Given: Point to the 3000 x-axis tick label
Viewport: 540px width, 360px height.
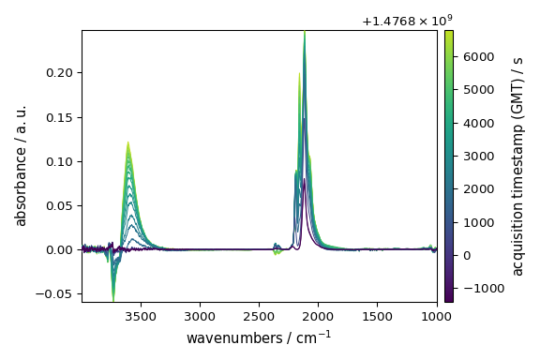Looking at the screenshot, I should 200,318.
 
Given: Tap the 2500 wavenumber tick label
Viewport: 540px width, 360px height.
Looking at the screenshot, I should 259,318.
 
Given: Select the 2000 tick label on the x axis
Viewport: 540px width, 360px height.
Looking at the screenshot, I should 318,318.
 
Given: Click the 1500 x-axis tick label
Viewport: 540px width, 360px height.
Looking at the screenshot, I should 377,318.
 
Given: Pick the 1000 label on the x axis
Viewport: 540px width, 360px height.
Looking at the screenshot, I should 435,318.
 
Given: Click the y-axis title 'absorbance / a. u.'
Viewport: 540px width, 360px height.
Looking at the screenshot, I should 21,166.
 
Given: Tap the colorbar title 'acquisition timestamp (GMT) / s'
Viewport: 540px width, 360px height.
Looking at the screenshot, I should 517,166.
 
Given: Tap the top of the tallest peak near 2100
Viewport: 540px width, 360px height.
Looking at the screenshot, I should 305,32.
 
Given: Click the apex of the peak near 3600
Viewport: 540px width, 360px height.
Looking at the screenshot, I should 127,142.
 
